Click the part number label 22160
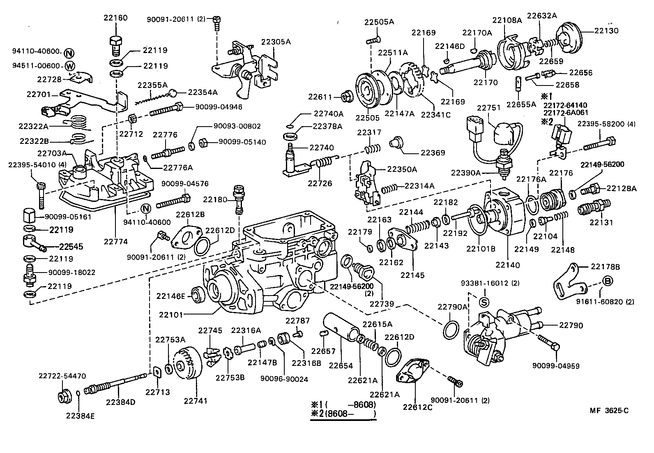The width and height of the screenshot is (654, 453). click(115, 18)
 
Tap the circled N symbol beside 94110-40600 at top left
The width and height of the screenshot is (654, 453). click(69, 53)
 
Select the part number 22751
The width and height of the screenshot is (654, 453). click(489, 108)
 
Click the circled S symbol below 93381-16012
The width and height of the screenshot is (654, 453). click(485, 303)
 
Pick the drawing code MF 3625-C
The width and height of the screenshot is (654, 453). click(609, 410)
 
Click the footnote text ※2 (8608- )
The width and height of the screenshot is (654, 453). click(343, 414)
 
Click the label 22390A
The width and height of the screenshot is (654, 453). click(465, 173)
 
